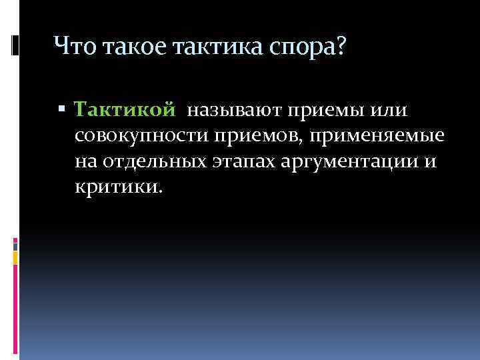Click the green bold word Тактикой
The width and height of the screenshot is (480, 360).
[125, 109]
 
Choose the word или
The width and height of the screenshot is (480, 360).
[389, 109]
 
